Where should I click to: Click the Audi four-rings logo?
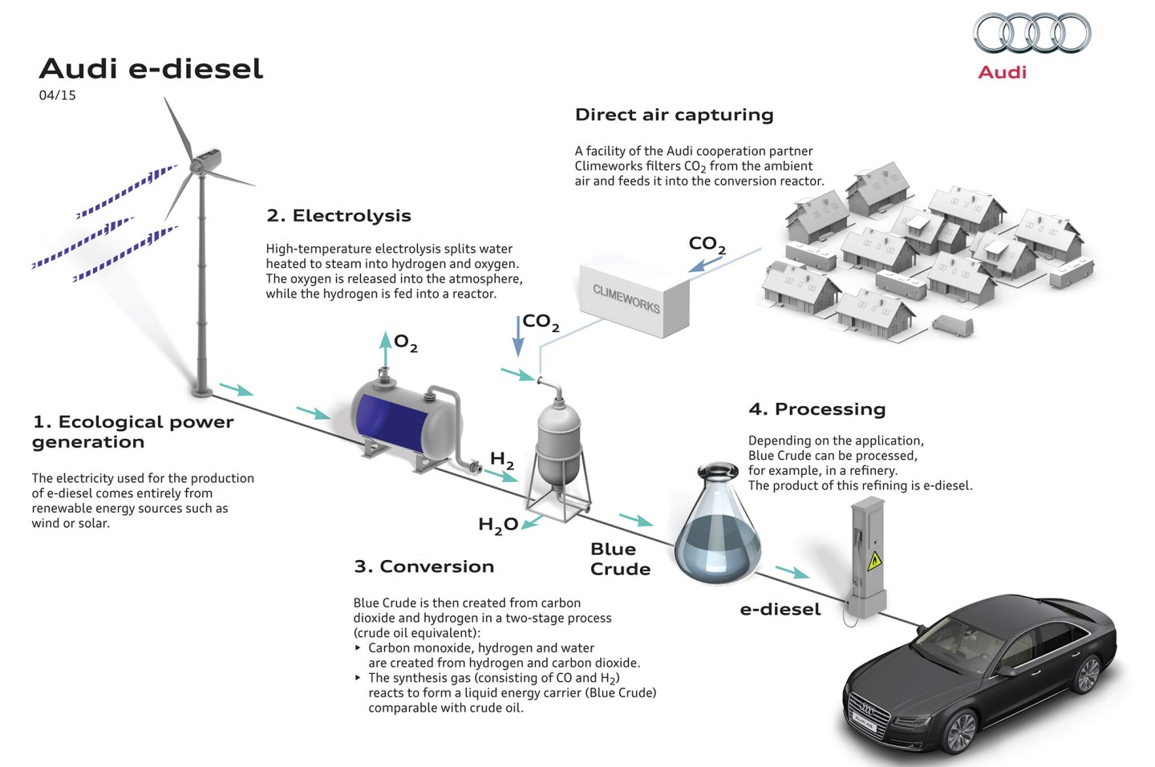(x=1031, y=34)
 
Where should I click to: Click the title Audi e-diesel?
(x=151, y=69)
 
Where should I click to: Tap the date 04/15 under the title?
(x=57, y=95)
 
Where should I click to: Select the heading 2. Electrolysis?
(x=338, y=216)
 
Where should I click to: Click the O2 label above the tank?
(x=406, y=344)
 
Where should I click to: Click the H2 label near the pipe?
(x=502, y=460)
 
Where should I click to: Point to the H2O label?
(x=497, y=525)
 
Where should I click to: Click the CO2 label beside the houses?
(x=707, y=244)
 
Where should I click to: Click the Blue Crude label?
(x=620, y=559)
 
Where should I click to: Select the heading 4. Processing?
(x=817, y=409)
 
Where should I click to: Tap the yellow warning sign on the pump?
(x=875, y=560)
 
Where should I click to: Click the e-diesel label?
(x=780, y=610)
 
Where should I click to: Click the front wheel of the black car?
(x=960, y=730)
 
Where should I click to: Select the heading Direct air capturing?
(x=674, y=115)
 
